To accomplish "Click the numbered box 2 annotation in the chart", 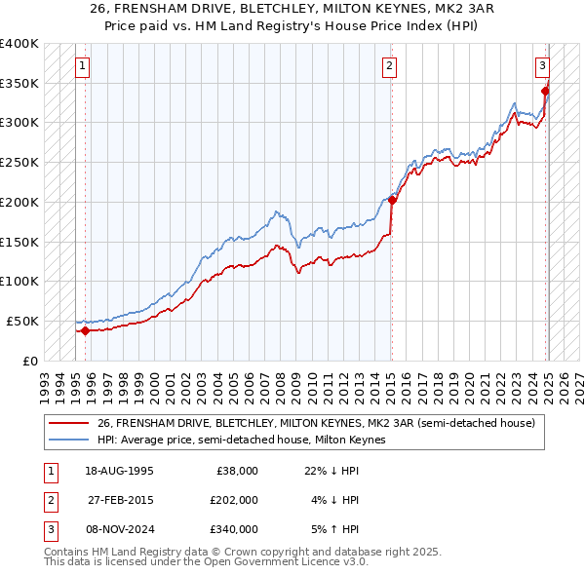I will pyautogui.click(x=389, y=66).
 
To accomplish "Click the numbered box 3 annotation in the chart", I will pyautogui.click(x=541, y=66).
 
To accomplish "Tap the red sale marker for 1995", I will pyautogui.click(x=85, y=330).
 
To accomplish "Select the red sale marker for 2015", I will pyautogui.click(x=392, y=201).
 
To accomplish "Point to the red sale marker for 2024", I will pyautogui.click(x=545, y=92).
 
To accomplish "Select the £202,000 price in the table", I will pyautogui.click(x=235, y=500).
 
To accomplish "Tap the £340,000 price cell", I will pyautogui.click(x=235, y=529).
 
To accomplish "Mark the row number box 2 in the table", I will pyautogui.click(x=49, y=500).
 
